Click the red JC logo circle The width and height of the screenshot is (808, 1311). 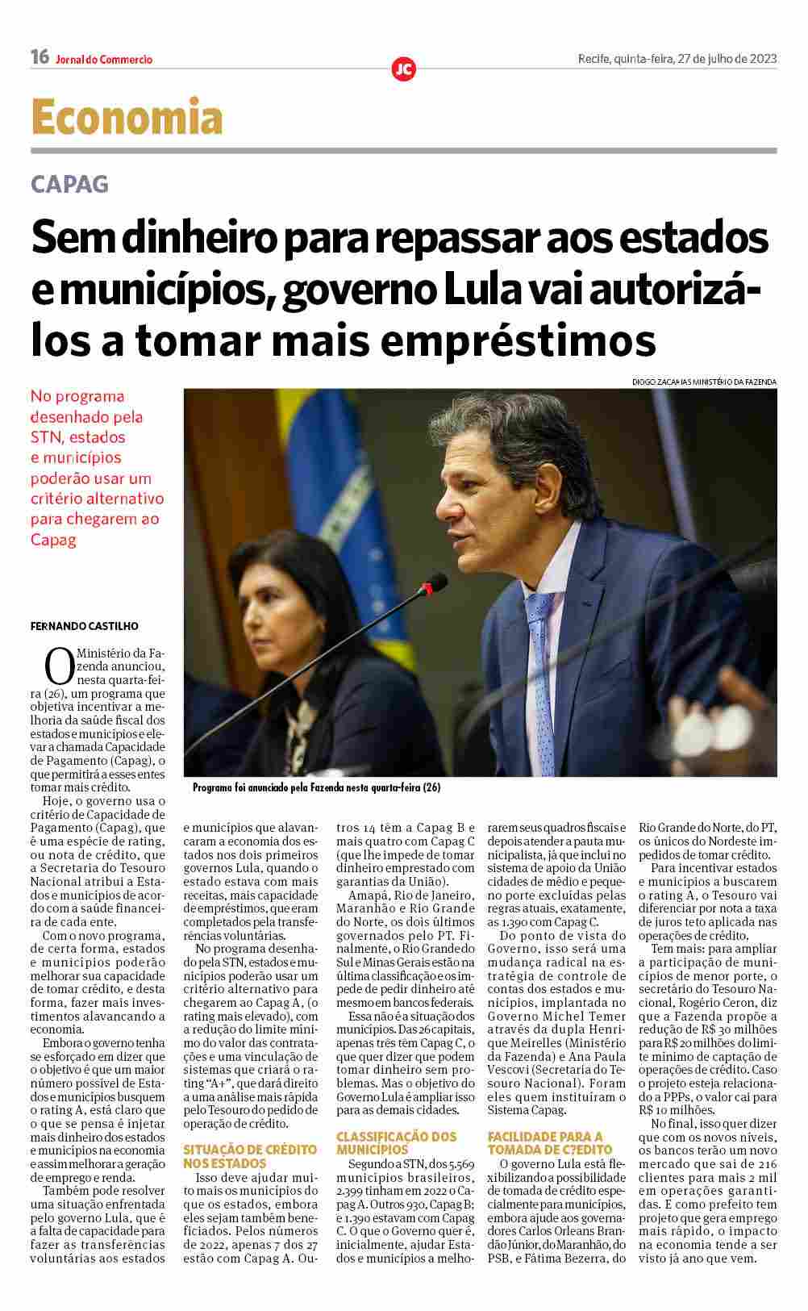[403, 69]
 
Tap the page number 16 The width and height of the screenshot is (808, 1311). [40, 57]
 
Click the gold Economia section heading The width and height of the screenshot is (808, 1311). [127, 117]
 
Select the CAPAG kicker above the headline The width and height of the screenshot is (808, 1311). [69, 184]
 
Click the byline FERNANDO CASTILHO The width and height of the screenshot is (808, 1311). [84, 626]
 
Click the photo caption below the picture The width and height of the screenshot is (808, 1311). [317, 787]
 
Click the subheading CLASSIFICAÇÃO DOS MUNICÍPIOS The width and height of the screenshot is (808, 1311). [396, 1142]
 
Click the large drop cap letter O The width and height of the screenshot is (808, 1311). [60, 666]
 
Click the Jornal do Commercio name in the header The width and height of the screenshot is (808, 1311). [104, 60]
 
